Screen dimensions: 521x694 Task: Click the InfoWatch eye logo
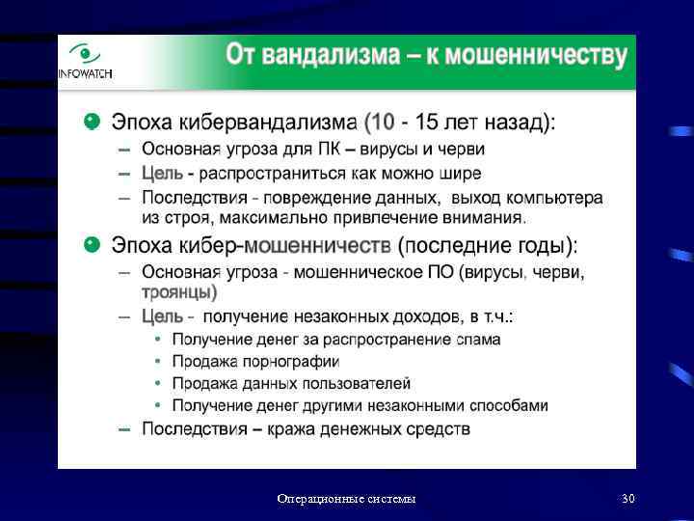(85, 56)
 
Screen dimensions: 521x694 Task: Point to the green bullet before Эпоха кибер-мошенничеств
(91, 243)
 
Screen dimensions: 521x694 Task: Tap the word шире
(461, 174)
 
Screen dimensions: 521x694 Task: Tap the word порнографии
(295, 362)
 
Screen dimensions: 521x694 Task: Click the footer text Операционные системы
(347, 499)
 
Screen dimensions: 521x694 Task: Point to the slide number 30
(628, 499)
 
